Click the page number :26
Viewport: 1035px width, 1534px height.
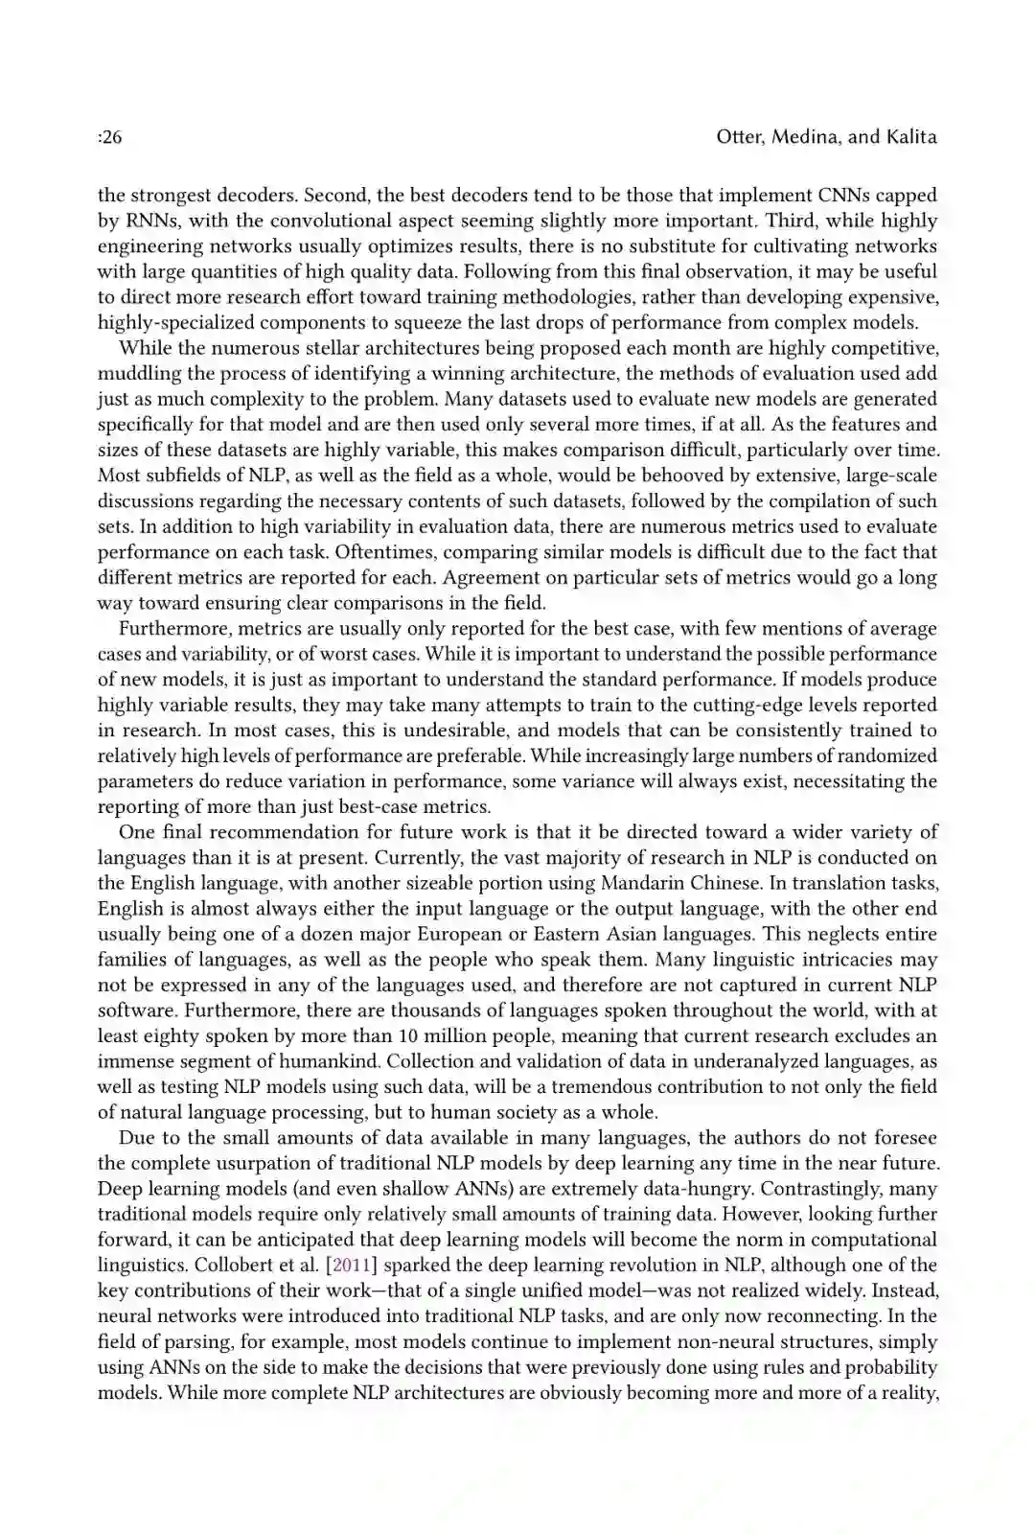pos(109,137)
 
